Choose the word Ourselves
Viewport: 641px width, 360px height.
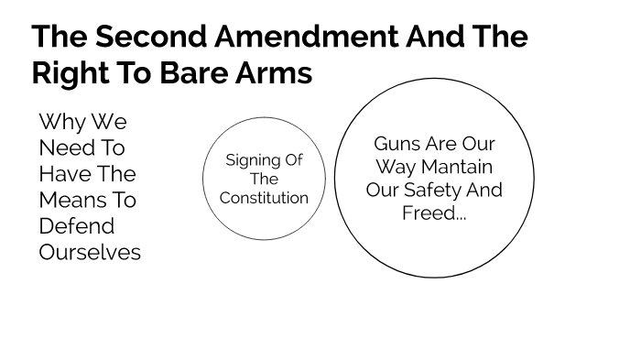pyautogui.click(x=90, y=252)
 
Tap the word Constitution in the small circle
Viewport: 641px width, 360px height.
pyautogui.click(x=265, y=198)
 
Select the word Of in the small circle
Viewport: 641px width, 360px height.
pyautogui.click(x=292, y=160)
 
